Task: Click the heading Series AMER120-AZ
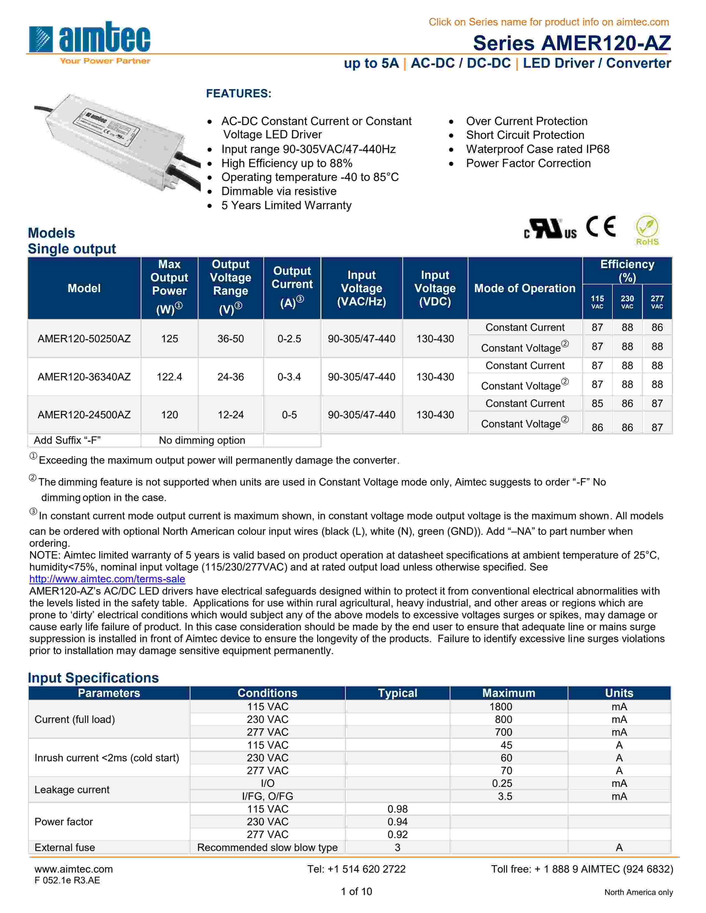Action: pyautogui.click(x=571, y=43)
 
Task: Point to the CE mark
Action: pyautogui.click(x=601, y=227)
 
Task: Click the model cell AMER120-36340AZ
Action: pyautogui.click(x=84, y=377)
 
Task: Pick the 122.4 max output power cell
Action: pyautogui.click(x=169, y=377)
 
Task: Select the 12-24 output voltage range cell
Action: pyautogui.click(x=230, y=415)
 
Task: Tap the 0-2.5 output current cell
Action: pyautogui.click(x=289, y=339)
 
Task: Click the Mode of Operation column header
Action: pyautogui.click(x=524, y=288)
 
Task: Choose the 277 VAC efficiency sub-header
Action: pyautogui.click(x=657, y=301)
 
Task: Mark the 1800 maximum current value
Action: pyautogui.click(x=501, y=707)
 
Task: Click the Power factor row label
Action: pyautogui.click(x=64, y=821)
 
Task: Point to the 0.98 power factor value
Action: pyautogui.click(x=397, y=809)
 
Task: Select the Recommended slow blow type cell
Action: pyautogui.click(x=267, y=847)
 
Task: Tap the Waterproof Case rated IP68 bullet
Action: pyautogui.click(x=537, y=149)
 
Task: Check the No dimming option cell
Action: pyautogui.click(x=202, y=440)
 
